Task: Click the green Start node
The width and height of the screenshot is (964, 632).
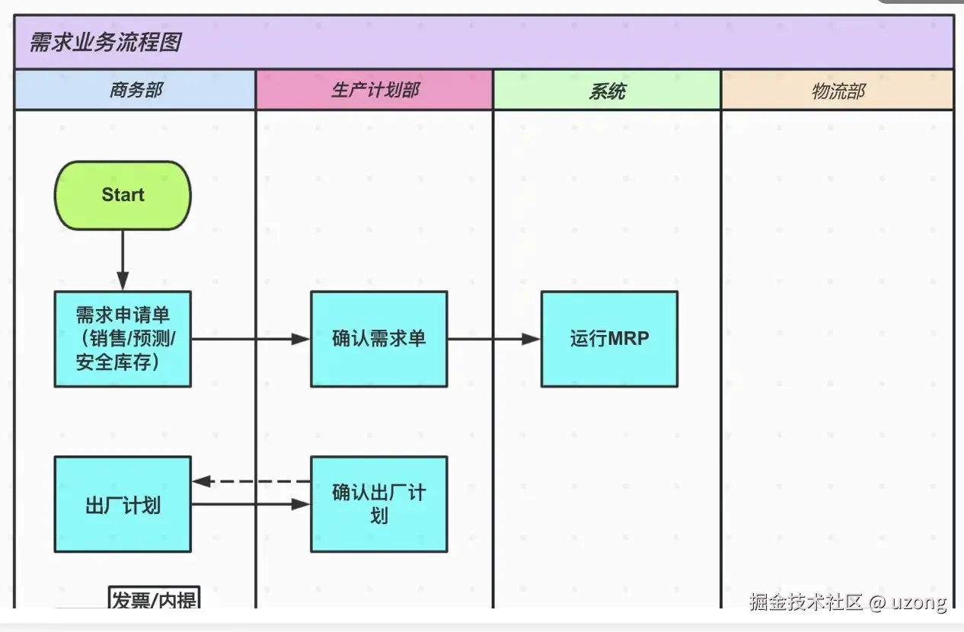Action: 123,195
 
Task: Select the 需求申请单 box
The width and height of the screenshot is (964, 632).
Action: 123,339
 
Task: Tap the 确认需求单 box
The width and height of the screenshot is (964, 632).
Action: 378,339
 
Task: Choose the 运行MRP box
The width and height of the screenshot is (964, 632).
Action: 609,339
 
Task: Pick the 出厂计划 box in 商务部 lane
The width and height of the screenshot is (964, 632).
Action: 123,504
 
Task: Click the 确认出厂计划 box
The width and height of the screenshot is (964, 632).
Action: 378,504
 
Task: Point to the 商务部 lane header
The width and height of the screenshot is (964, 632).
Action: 135,91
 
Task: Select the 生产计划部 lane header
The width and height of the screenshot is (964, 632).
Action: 375,91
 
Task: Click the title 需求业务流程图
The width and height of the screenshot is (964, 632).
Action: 105,42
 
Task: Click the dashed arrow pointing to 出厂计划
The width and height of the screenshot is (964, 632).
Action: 251,481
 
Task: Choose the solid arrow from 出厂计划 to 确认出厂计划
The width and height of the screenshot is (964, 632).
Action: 251,504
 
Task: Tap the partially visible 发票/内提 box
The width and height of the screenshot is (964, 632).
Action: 155,599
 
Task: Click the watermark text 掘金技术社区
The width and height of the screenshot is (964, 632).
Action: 806,602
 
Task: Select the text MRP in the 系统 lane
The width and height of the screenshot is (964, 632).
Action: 628,339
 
